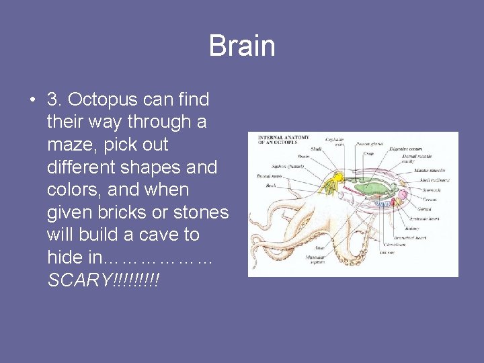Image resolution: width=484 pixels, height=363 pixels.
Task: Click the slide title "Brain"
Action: pyautogui.click(x=242, y=46)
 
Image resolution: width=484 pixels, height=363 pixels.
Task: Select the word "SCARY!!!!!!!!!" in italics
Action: pyautogui.click(x=104, y=280)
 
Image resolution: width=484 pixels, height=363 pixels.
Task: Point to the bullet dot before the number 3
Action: pyautogui.click(x=32, y=101)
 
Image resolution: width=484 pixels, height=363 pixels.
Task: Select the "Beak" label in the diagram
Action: pyautogui.click(x=271, y=185)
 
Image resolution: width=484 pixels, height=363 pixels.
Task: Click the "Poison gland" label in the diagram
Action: pyautogui.click(x=368, y=143)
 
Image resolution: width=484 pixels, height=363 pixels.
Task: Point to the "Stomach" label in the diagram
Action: pyautogui.click(x=431, y=190)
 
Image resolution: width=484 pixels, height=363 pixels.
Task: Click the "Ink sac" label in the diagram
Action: pyautogui.click(x=387, y=253)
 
